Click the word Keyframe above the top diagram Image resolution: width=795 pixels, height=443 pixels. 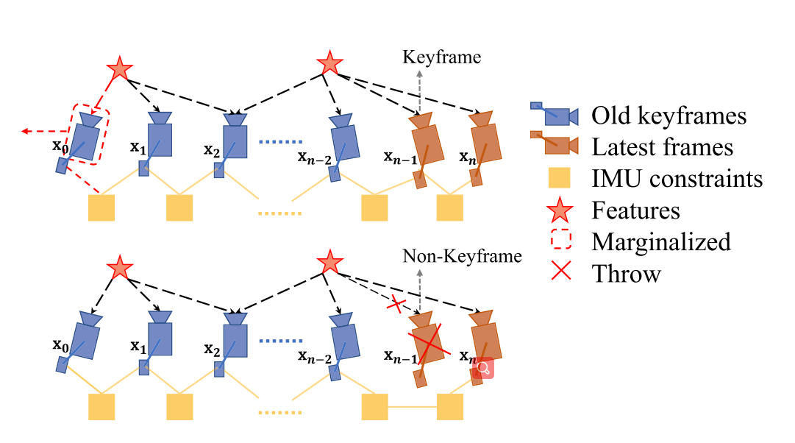point(441,57)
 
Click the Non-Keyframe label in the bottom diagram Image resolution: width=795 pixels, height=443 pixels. point(462,256)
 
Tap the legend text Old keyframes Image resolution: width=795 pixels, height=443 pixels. point(669,116)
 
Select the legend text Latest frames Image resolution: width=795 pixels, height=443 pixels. point(662,148)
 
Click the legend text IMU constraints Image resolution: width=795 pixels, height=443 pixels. point(677,179)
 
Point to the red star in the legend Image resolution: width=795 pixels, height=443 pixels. point(560,210)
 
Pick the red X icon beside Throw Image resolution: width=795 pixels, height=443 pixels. point(560,271)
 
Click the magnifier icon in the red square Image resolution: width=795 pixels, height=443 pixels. point(483,368)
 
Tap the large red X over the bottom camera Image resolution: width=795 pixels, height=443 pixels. point(429,340)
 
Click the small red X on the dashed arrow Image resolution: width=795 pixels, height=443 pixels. point(396,305)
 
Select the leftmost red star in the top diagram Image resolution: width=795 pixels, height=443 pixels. point(120,68)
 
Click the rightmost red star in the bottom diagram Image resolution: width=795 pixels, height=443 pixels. point(329,263)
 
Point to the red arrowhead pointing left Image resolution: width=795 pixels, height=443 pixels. point(25,132)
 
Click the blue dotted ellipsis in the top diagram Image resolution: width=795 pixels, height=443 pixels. point(280,141)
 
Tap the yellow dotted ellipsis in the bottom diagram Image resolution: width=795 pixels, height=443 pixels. point(280,413)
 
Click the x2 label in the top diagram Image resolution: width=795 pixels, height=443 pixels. point(212,150)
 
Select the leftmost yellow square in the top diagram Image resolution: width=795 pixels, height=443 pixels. point(101,208)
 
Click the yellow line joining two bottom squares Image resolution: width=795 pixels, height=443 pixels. point(412,406)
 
